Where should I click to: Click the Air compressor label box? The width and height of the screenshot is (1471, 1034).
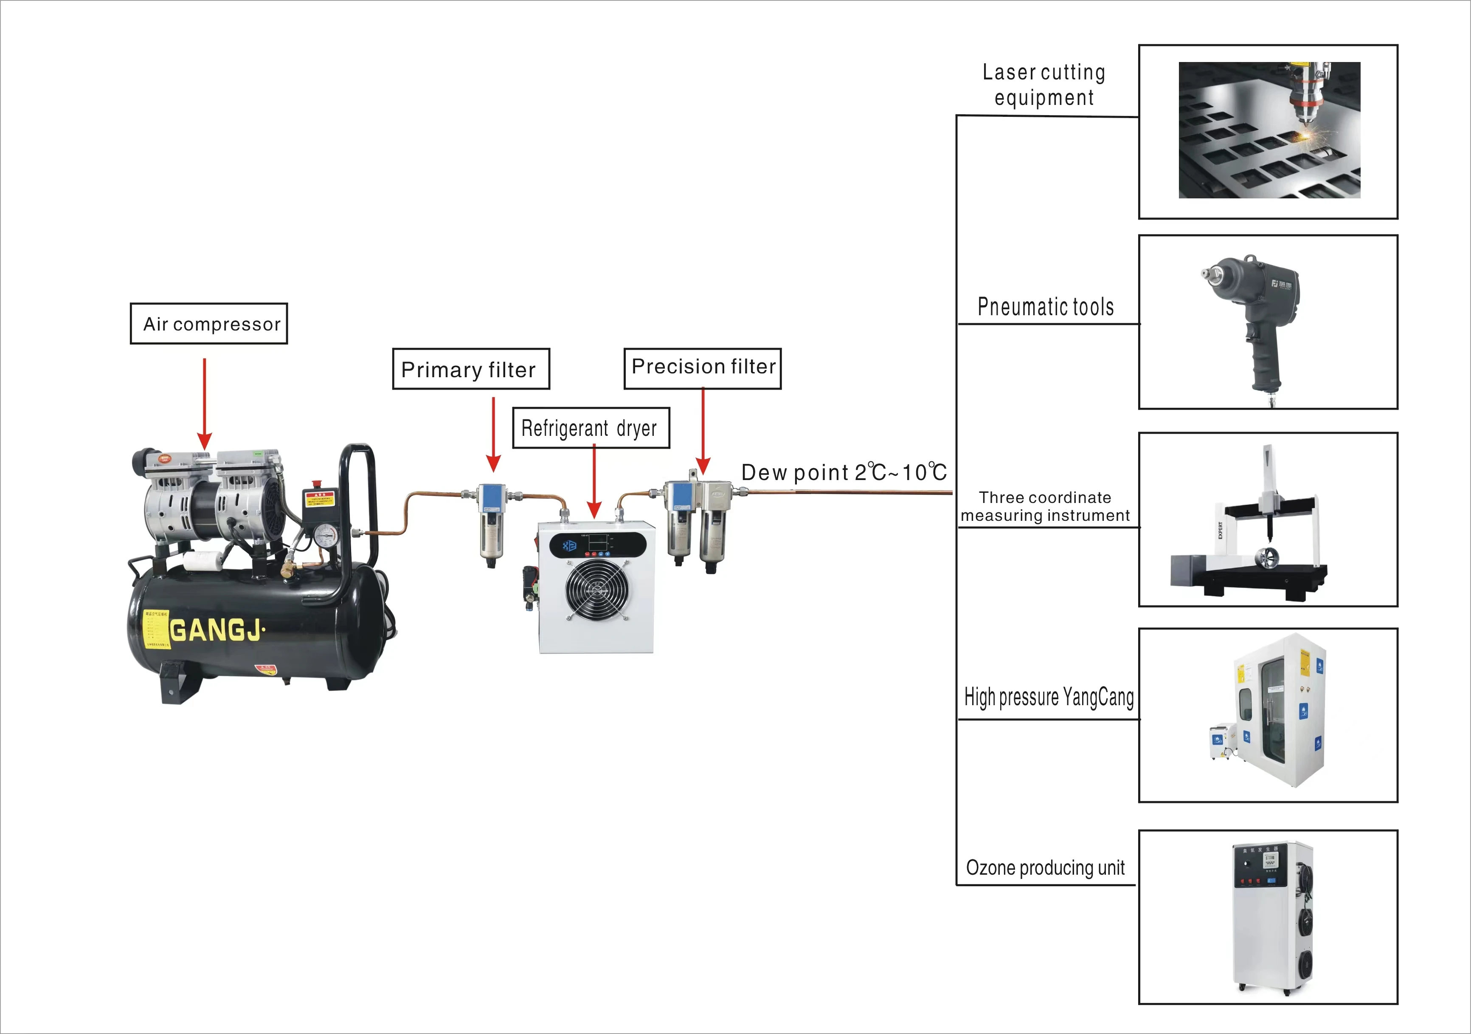pyautogui.click(x=209, y=324)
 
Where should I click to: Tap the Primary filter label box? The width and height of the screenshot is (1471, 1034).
pyautogui.click(x=471, y=369)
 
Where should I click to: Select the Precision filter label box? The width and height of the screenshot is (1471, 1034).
pyautogui.click(x=703, y=368)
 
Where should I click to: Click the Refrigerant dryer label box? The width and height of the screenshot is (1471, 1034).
pyautogui.click(x=591, y=427)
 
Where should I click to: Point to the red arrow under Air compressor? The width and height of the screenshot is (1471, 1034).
pyautogui.click(x=204, y=404)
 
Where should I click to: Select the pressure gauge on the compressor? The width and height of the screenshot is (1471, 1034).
pyautogui.click(x=326, y=536)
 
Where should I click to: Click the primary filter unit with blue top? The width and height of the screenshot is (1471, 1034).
pyautogui.click(x=492, y=523)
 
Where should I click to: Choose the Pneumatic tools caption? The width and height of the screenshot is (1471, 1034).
pyautogui.click(x=1046, y=307)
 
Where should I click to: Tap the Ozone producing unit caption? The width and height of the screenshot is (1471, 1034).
pyautogui.click(x=1046, y=868)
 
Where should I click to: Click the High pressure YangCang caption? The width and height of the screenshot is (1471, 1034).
pyautogui.click(x=1049, y=697)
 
